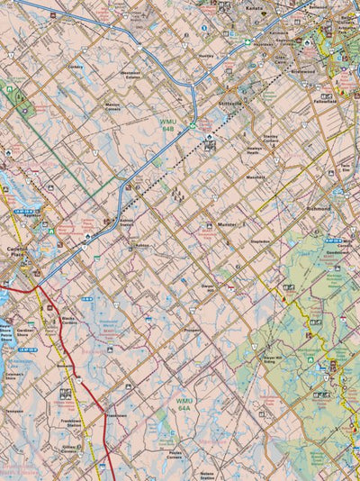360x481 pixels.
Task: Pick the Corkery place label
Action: click(75, 67)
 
